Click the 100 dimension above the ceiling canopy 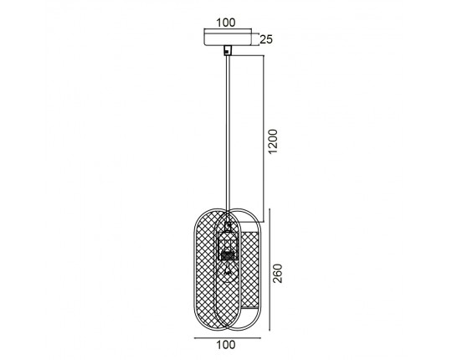click(x=226, y=23)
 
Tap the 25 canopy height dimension click(x=266, y=39)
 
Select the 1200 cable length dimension click(x=272, y=141)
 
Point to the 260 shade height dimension click(x=278, y=273)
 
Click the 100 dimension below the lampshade click(x=226, y=345)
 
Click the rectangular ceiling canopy click(x=228, y=37)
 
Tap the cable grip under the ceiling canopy click(x=228, y=50)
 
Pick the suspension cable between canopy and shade click(x=228, y=132)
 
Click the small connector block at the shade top click(x=229, y=226)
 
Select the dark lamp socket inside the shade click(x=228, y=255)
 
